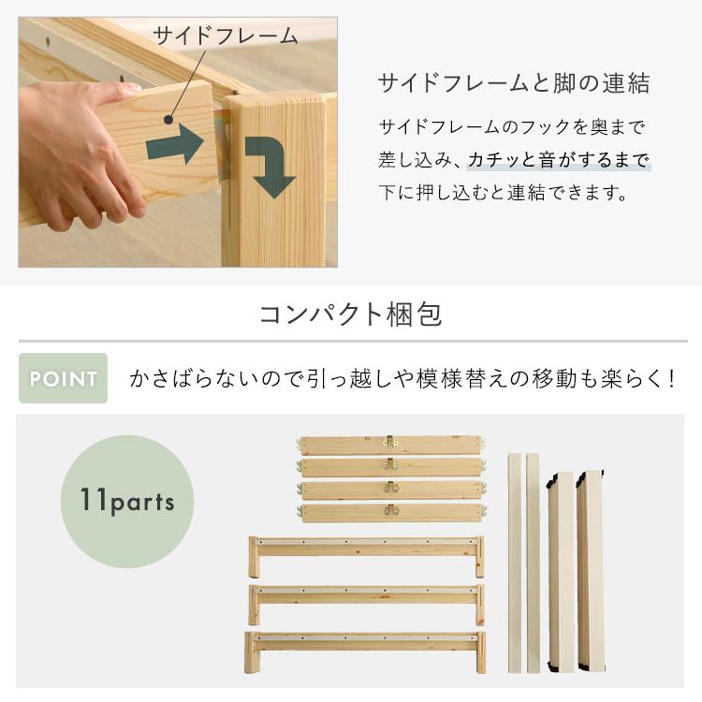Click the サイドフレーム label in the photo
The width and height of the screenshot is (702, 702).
pos(225,37)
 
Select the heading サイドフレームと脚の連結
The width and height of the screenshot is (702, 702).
pos(513,84)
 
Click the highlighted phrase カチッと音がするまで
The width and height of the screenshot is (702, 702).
pos(559,160)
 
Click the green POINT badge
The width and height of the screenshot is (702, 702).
pos(63,378)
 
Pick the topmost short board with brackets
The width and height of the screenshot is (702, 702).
pos(391,444)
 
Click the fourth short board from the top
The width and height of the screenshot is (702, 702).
pos(391,512)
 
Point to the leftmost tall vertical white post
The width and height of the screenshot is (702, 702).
pos(514,562)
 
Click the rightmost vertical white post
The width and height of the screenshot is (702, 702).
pos(591,571)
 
